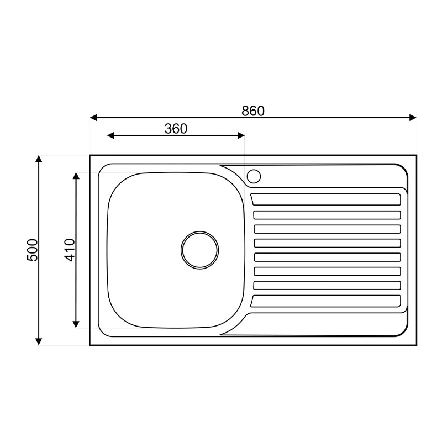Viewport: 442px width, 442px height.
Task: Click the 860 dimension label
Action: point(253,111)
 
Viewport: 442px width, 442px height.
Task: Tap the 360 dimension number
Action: point(176,129)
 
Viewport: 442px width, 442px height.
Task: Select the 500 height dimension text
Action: point(32,250)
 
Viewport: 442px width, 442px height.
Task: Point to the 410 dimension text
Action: point(70,250)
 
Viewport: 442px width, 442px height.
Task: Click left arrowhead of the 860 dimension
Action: point(93,118)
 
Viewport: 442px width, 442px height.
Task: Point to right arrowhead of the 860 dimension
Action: point(413,118)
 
